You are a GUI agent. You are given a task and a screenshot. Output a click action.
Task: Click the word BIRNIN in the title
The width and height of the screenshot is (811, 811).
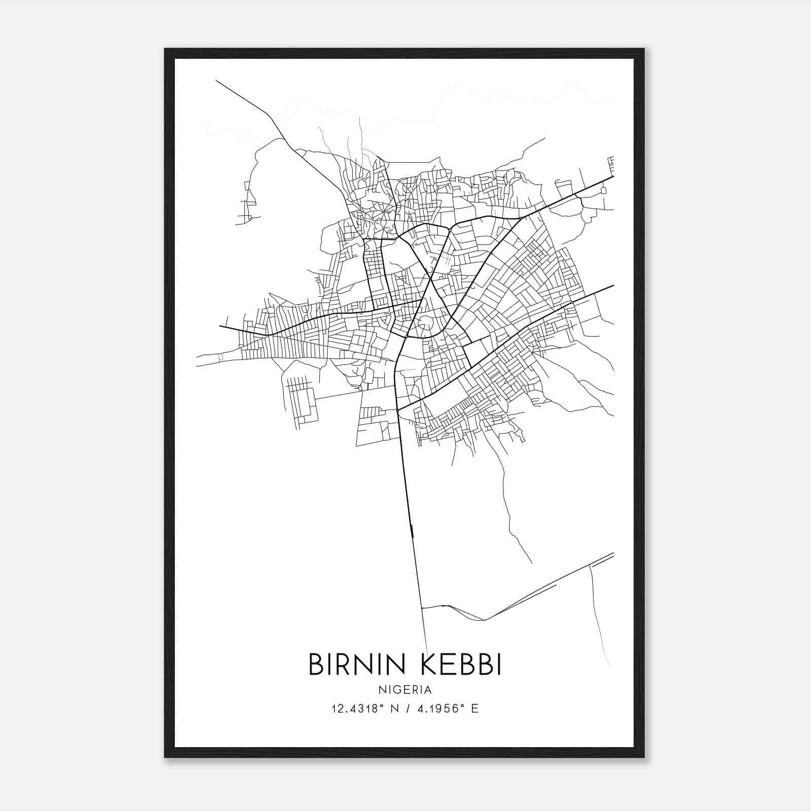[x=354, y=664]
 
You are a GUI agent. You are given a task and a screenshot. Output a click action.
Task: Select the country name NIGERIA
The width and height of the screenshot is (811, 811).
[x=405, y=690]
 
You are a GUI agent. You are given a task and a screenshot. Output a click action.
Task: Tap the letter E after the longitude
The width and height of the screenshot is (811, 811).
[x=475, y=709]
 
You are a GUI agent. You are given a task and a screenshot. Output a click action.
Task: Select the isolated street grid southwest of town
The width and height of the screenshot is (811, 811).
[x=302, y=400]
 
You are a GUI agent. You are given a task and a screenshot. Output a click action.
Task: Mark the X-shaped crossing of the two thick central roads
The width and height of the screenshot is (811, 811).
[x=430, y=278]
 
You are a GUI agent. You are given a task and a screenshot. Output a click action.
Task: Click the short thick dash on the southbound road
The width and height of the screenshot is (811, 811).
[x=411, y=530]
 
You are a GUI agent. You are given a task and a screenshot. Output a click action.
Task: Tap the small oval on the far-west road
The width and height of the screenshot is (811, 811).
[x=220, y=357]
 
